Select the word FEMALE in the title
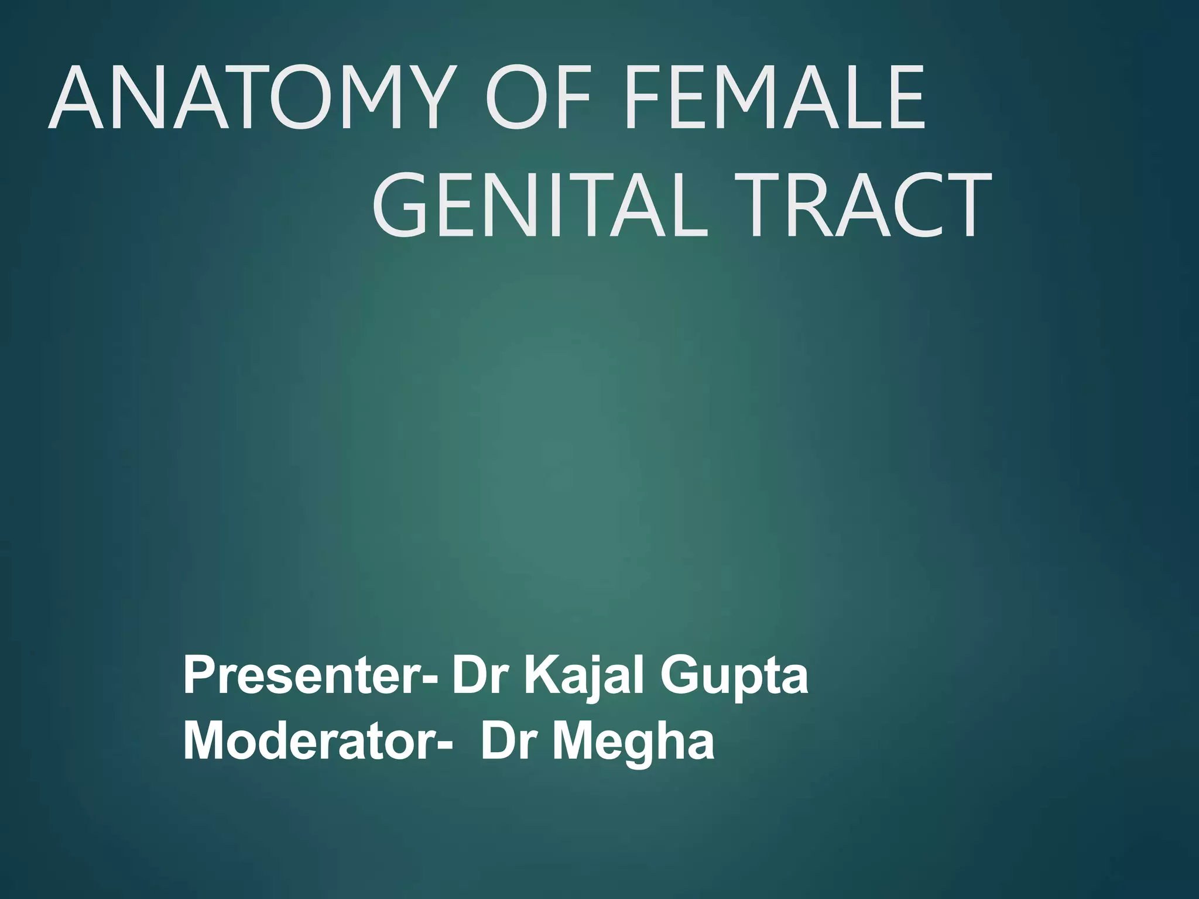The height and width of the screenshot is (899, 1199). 774,97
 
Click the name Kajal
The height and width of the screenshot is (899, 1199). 585,676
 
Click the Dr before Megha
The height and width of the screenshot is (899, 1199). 508,742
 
